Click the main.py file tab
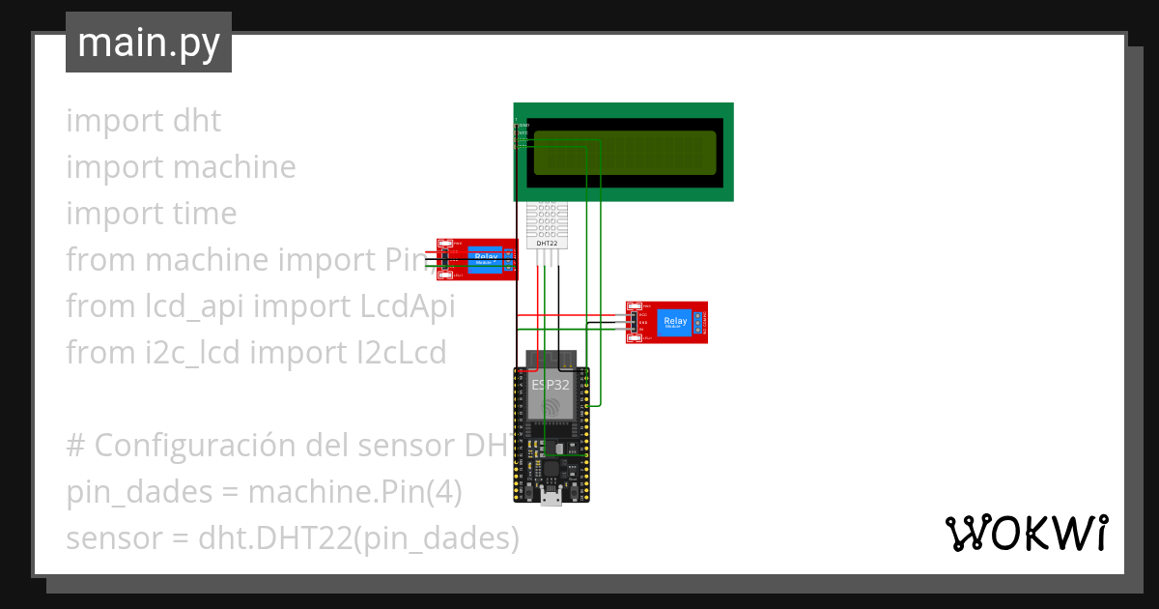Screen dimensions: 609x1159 click(149, 43)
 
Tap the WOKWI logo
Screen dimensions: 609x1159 click(1026, 534)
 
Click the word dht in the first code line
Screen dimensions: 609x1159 click(197, 121)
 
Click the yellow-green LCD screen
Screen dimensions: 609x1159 click(625, 153)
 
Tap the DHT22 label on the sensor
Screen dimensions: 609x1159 click(547, 243)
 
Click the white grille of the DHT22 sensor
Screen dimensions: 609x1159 click(547, 219)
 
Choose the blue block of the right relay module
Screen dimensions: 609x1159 click(674, 323)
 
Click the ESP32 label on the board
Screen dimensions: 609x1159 click(551, 384)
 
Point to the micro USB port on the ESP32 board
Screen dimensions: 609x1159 click(551, 497)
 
